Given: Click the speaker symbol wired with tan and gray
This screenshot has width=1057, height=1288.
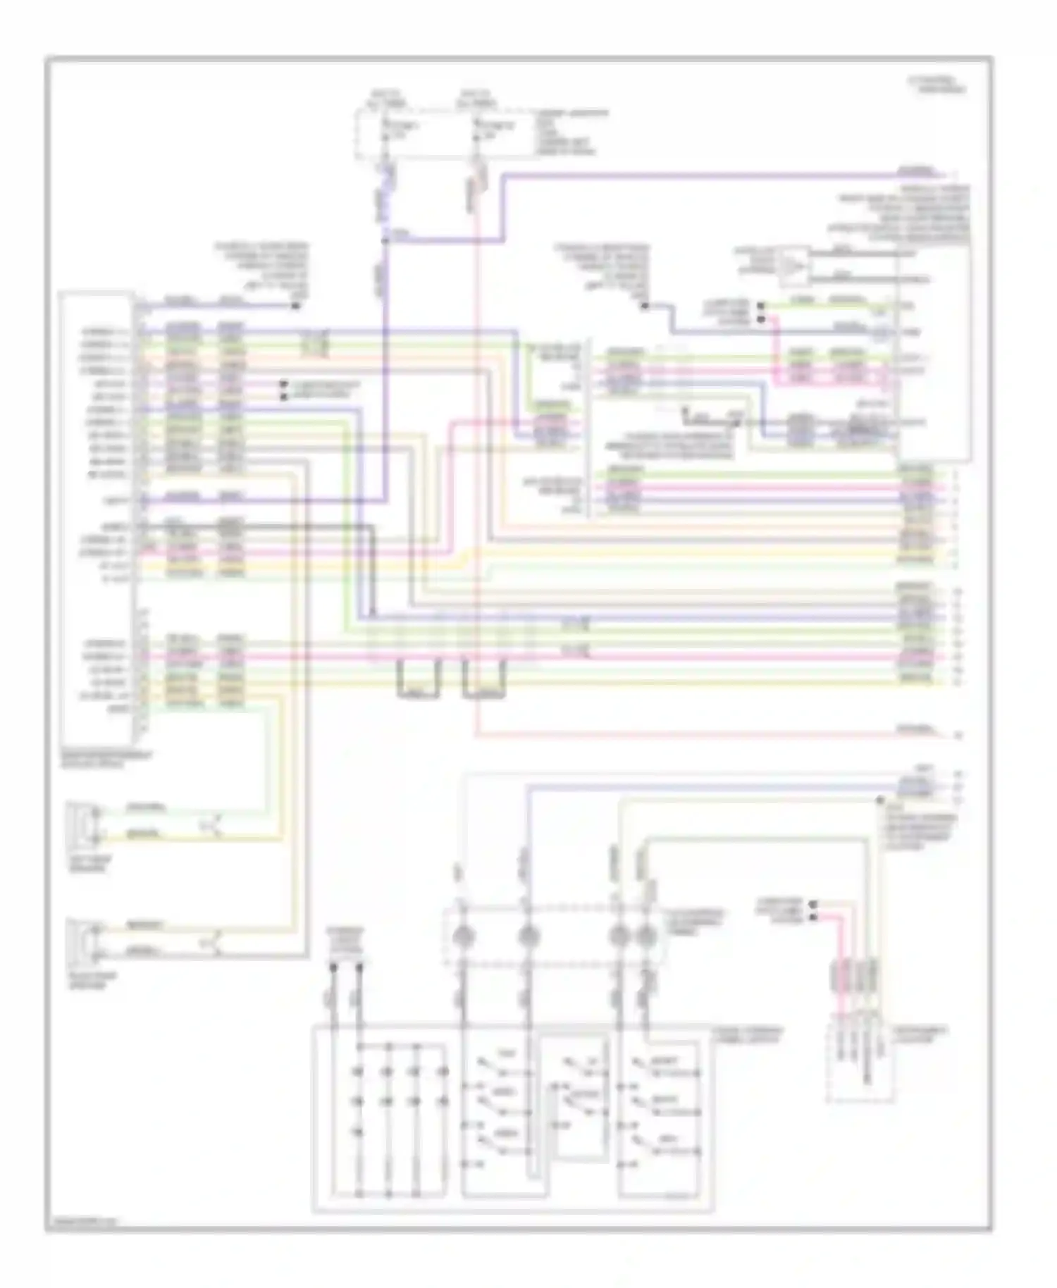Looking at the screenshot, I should click(83, 939).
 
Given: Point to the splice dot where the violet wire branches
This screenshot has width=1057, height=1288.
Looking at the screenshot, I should click(385, 240).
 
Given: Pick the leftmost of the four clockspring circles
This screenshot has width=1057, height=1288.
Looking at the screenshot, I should click(465, 936).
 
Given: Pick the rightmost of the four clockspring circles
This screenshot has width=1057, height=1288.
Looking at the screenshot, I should click(644, 936).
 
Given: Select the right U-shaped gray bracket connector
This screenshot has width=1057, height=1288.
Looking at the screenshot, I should click(485, 679).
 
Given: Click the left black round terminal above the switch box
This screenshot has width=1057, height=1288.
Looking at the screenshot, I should click(334, 967).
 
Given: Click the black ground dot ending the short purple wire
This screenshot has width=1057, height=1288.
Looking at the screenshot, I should click(296, 306).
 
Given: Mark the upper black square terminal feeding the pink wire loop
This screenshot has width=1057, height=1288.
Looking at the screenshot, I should click(761, 307).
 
